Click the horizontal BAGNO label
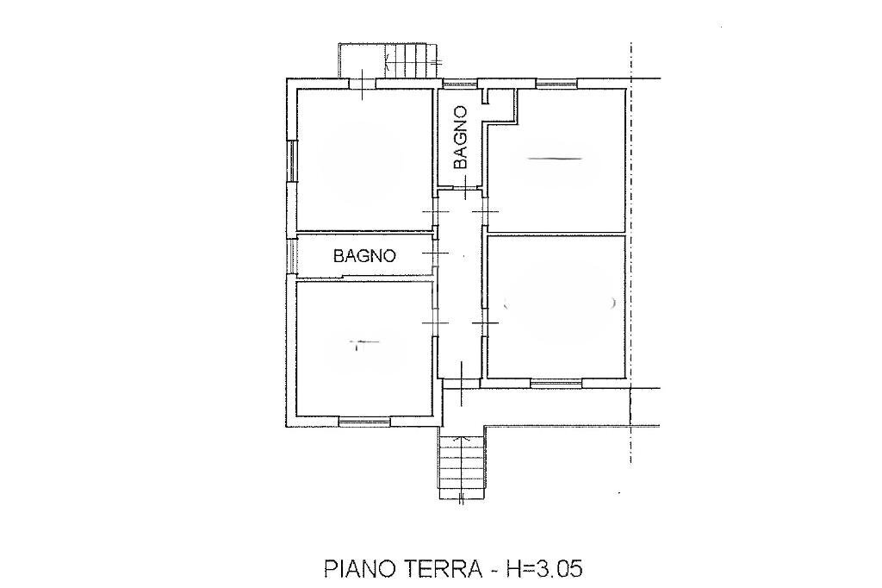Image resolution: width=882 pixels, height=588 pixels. [x=365, y=256]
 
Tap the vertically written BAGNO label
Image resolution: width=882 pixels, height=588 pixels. [x=460, y=136]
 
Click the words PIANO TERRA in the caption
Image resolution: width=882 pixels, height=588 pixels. [x=404, y=568]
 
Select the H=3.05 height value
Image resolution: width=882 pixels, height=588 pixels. [x=546, y=568]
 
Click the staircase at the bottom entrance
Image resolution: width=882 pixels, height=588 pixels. [x=463, y=466]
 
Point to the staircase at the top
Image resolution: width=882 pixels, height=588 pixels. [x=410, y=60]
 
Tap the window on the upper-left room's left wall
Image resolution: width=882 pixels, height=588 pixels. [x=292, y=160]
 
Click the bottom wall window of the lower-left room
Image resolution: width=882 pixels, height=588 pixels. [x=364, y=421]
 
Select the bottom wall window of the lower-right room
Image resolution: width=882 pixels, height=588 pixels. [x=556, y=382]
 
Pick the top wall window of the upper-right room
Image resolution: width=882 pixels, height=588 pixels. [x=556, y=84]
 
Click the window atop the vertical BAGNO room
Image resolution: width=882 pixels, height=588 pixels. [x=459, y=84]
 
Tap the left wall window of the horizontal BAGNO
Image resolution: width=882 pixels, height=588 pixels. [x=292, y=255]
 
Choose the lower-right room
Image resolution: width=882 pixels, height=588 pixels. [x=556, y=306]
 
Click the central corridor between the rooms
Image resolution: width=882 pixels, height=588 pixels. [x=460, y=293]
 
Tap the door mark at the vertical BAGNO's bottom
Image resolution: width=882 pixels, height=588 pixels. [x=465, y=187]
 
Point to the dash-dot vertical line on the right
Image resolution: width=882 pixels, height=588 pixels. [x=631, y=259]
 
